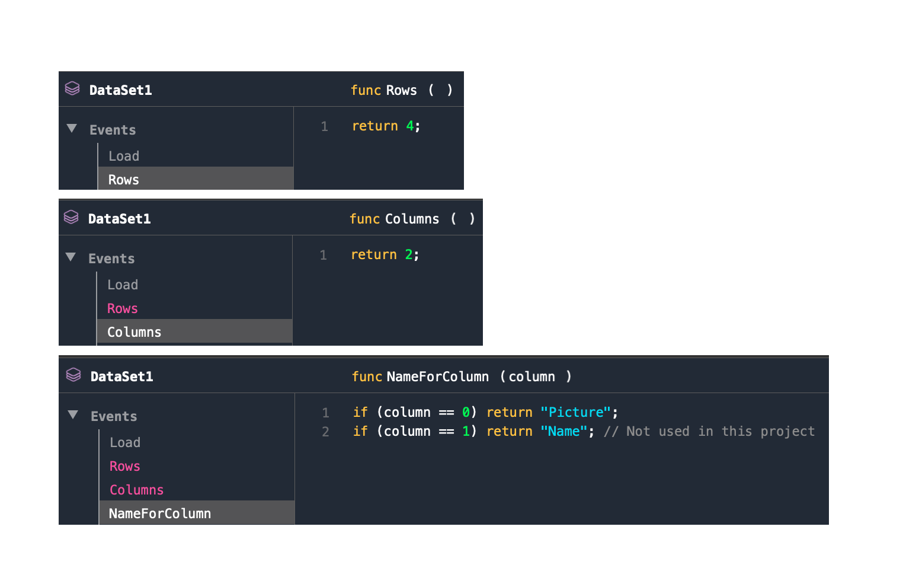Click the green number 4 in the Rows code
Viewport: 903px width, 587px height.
pos(409,126)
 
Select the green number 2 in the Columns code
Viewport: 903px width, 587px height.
pos(408,254)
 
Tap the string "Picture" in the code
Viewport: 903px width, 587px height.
pos(575,412)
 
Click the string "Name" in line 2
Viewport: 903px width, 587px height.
pos(563,431)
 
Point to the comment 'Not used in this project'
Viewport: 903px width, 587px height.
pos(709,431)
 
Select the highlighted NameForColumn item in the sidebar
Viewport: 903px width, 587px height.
pos(160,513)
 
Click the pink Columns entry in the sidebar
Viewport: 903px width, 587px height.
pos(136,490)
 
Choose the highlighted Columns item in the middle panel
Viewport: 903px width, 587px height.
pos(135,332)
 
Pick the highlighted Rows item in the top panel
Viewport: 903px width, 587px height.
pos(124,180)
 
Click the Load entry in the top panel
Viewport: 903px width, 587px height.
pos(124,156)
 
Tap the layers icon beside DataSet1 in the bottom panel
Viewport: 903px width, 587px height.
pos(73,375)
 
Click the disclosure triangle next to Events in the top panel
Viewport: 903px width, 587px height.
pos(72,128)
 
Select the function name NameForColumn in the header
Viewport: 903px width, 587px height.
pos(437,377)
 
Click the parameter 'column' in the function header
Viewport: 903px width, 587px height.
pos(531,377)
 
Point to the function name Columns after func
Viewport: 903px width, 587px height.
pos(412,219)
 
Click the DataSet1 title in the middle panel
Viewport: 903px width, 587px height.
pos(120,219)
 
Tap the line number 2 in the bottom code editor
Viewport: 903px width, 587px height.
pos(325,432)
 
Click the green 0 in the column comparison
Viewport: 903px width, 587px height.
pos(466,412)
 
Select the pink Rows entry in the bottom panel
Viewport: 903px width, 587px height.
pos(125,466)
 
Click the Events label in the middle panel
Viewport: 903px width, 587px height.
pos(111,259)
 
